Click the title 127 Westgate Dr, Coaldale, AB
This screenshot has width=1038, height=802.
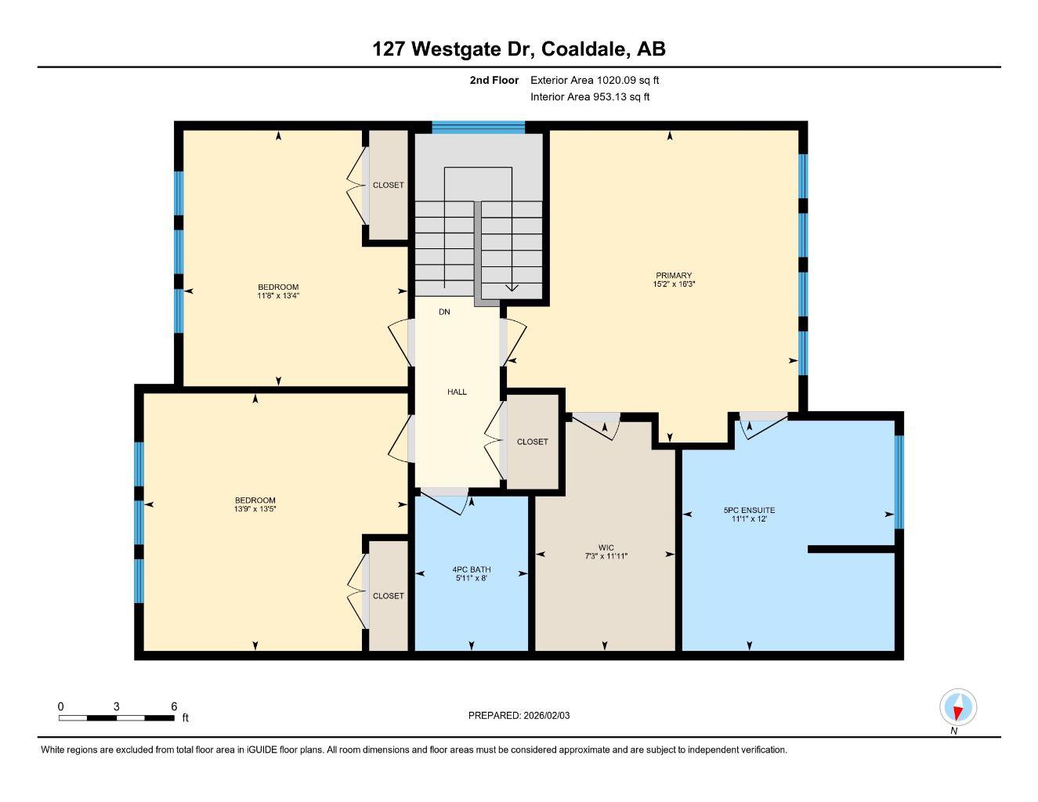coord(519,49)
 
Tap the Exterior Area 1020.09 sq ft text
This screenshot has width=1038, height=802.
coord(595,80)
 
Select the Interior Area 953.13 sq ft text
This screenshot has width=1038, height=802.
coord(590,97)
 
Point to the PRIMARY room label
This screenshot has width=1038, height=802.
coord(674,276)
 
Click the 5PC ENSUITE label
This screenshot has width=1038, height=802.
coord(749,510)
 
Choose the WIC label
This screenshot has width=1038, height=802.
coord(606,547)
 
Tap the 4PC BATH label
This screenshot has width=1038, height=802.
coord(472,569)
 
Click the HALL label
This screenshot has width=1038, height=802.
coord(457,392)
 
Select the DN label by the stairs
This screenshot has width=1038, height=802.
coord(444,312)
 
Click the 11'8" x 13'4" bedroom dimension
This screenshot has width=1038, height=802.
coord(278,296)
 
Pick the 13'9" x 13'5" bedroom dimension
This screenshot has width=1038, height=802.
coord(255,509)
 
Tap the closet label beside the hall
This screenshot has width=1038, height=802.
coord(532,442)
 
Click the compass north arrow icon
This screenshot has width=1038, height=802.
coord(957,708)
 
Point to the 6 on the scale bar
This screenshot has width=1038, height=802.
coord(174,706)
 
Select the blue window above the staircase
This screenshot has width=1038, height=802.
coord(478,128)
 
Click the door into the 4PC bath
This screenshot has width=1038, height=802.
coord(445,500)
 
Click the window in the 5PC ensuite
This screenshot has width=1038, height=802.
coord(899,482)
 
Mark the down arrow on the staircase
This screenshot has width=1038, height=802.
coord(511,287)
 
